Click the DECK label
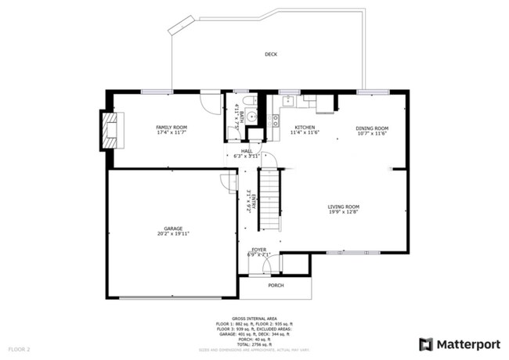pos(271,54)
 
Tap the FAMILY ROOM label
pos(171,127)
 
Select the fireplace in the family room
pos(110,129)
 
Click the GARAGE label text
pos(173,229)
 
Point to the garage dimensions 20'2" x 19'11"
pos(173,234)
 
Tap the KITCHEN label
pos(305,128)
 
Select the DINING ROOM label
pos(371,128)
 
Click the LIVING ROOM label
pos(343,207)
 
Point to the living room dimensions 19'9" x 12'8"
pos(343,212)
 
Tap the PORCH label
pos(276,285)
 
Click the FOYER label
pos(258,250)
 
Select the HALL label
pos(246,151)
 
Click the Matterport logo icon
pos(426,344)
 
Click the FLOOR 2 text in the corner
pos(19,348)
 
